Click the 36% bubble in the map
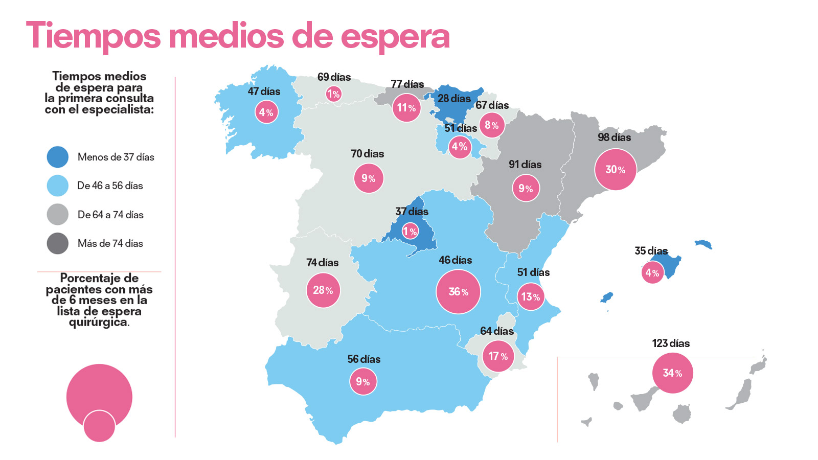click(x=458, y=292)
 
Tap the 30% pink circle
click(x=616, y=170)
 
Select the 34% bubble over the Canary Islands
click(x=672, y=373)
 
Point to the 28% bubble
click(x=323, y=290)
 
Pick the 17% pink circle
click(x=498, y=356)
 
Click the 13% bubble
click(x=530, y=297)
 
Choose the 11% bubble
click(x=406, y=108)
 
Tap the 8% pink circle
click(x=491, y=125)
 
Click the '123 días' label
click(x=671, y=343)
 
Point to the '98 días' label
click(x=614, y=137)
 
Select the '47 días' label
click(x=264, y=91)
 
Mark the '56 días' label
click(x=363, y=359)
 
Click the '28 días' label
click(x=454, y=99)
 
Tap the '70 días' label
click(x=367, y=154)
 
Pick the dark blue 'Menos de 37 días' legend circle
click(x=58, y=157)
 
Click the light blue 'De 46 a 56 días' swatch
click(x=58, y=186)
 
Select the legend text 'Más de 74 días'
click(x=110, y=243)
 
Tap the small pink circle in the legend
click(x=99, y=426)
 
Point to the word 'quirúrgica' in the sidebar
click(x=98, y=323)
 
